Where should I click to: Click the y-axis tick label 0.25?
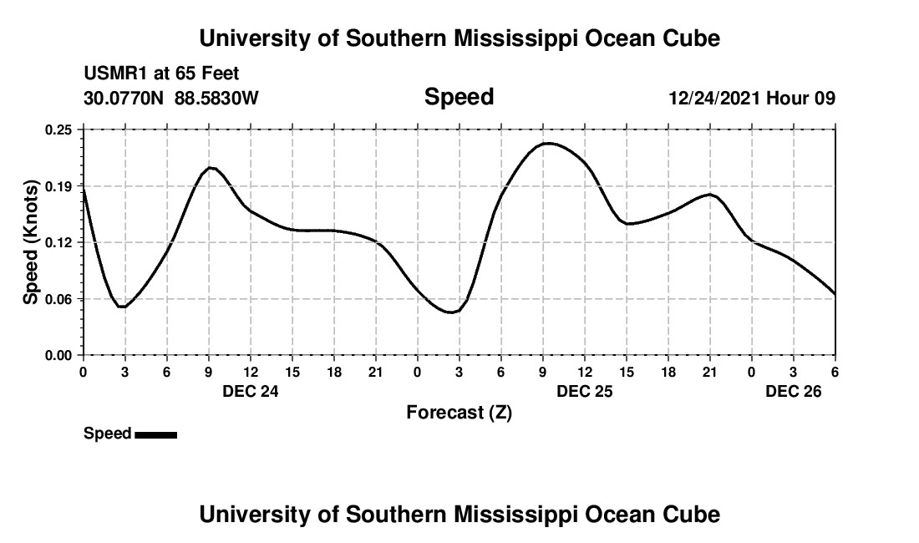pyautogui.click(x=59, y=129)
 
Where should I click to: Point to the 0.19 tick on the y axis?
pyautogui.click(x=59, y=185)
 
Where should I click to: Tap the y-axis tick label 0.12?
pyautogui.click(x=59, y=242)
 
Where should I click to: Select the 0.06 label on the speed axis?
pyautogui.click(x=59, y=299)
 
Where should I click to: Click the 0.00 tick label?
pyautogui.click(x=59, y=356)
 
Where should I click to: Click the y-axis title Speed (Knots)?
pyautogui.click(x=31, y=242)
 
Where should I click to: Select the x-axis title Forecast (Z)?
pyautogui.click(x=459, y=412)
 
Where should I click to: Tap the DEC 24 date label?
pyautogui.click(x=251, y=390)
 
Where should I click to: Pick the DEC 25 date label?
pyautogui.click(x=585, y=390)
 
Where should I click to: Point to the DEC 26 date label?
pyautogui.click(x=794, y=390)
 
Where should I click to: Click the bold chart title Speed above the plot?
pyautogui.click(x=459, y=98)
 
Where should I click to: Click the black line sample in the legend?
pyautogui.click(x=155, y=434)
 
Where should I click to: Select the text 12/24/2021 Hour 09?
pyautogui.click(x=752, y=99)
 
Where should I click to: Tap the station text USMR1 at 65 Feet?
pyautogui.click(x=161, y=74)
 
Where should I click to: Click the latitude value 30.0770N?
pyautogui.click(x=125, y=99)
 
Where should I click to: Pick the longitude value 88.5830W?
pyautogui.click(x=216, y=99)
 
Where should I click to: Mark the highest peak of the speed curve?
pyautogui.click(x=547, y=143)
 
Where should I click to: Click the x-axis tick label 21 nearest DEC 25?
pyautogui.click(x=710, y=372)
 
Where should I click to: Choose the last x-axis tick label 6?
pyautogui.click(x=835, y=372)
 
